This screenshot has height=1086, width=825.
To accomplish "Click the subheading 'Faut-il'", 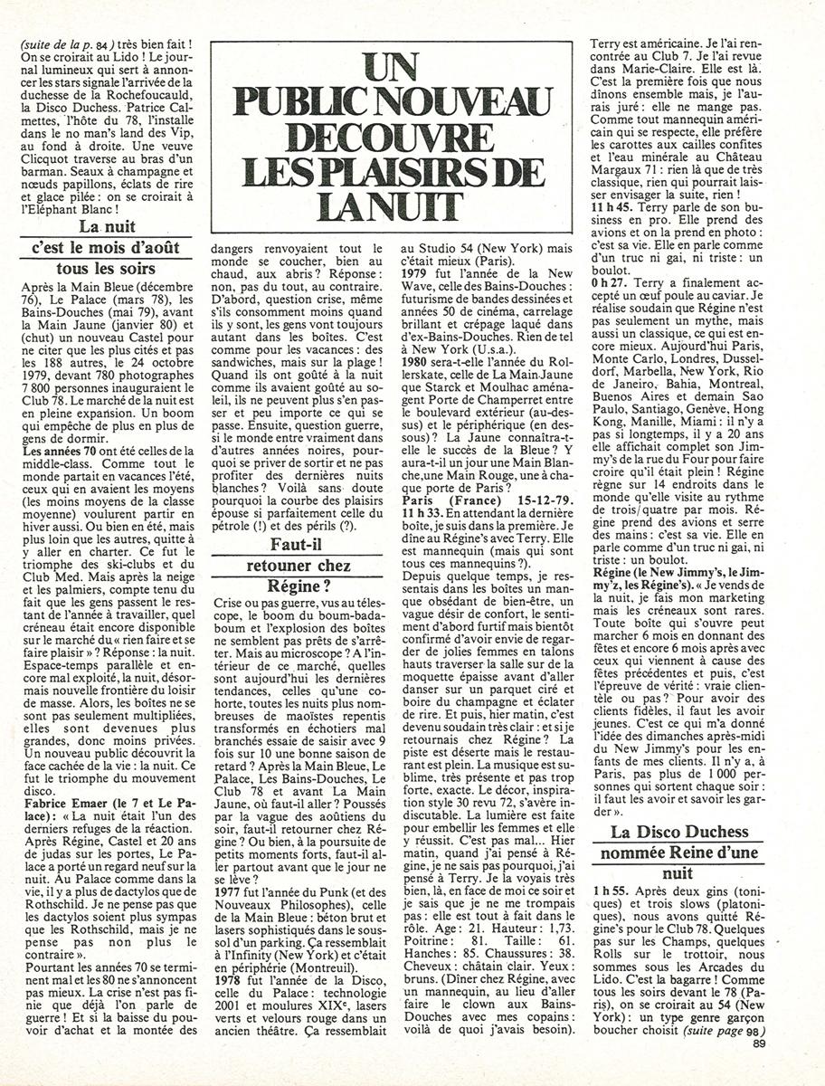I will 297,545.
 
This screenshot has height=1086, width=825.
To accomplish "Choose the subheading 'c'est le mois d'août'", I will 105,246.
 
